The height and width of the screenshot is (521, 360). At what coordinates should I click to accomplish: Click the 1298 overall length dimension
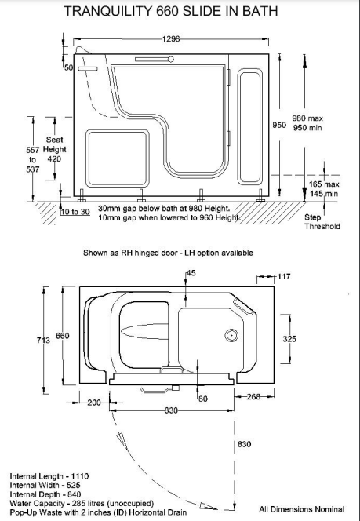click(x=171, y=39)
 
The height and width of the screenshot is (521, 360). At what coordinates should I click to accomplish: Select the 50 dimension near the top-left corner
click(x=68, y=67)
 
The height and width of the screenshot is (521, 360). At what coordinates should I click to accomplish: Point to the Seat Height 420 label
click(x=54, y=149)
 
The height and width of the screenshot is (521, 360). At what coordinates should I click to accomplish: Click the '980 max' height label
click(x=307, y=118)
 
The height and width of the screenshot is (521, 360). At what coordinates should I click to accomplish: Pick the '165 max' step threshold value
click(x=324, y=184)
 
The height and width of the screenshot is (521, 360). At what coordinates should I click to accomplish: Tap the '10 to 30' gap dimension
click(x=76, y=212)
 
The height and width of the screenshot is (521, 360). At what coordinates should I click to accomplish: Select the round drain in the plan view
click(x=231, y=335)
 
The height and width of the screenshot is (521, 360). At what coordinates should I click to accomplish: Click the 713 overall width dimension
click(x=43, y=340)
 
